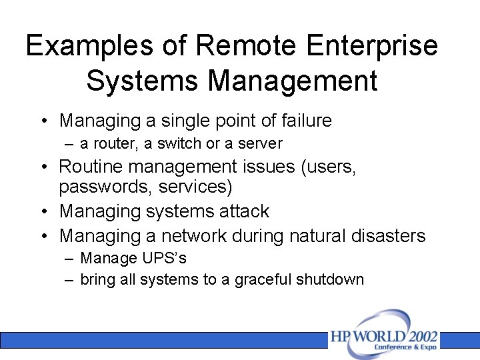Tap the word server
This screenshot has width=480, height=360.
262,143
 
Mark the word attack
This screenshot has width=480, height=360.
246,211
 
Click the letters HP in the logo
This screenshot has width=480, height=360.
339,337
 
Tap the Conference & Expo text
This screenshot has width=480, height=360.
405,347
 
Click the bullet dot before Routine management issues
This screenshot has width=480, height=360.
43,167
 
